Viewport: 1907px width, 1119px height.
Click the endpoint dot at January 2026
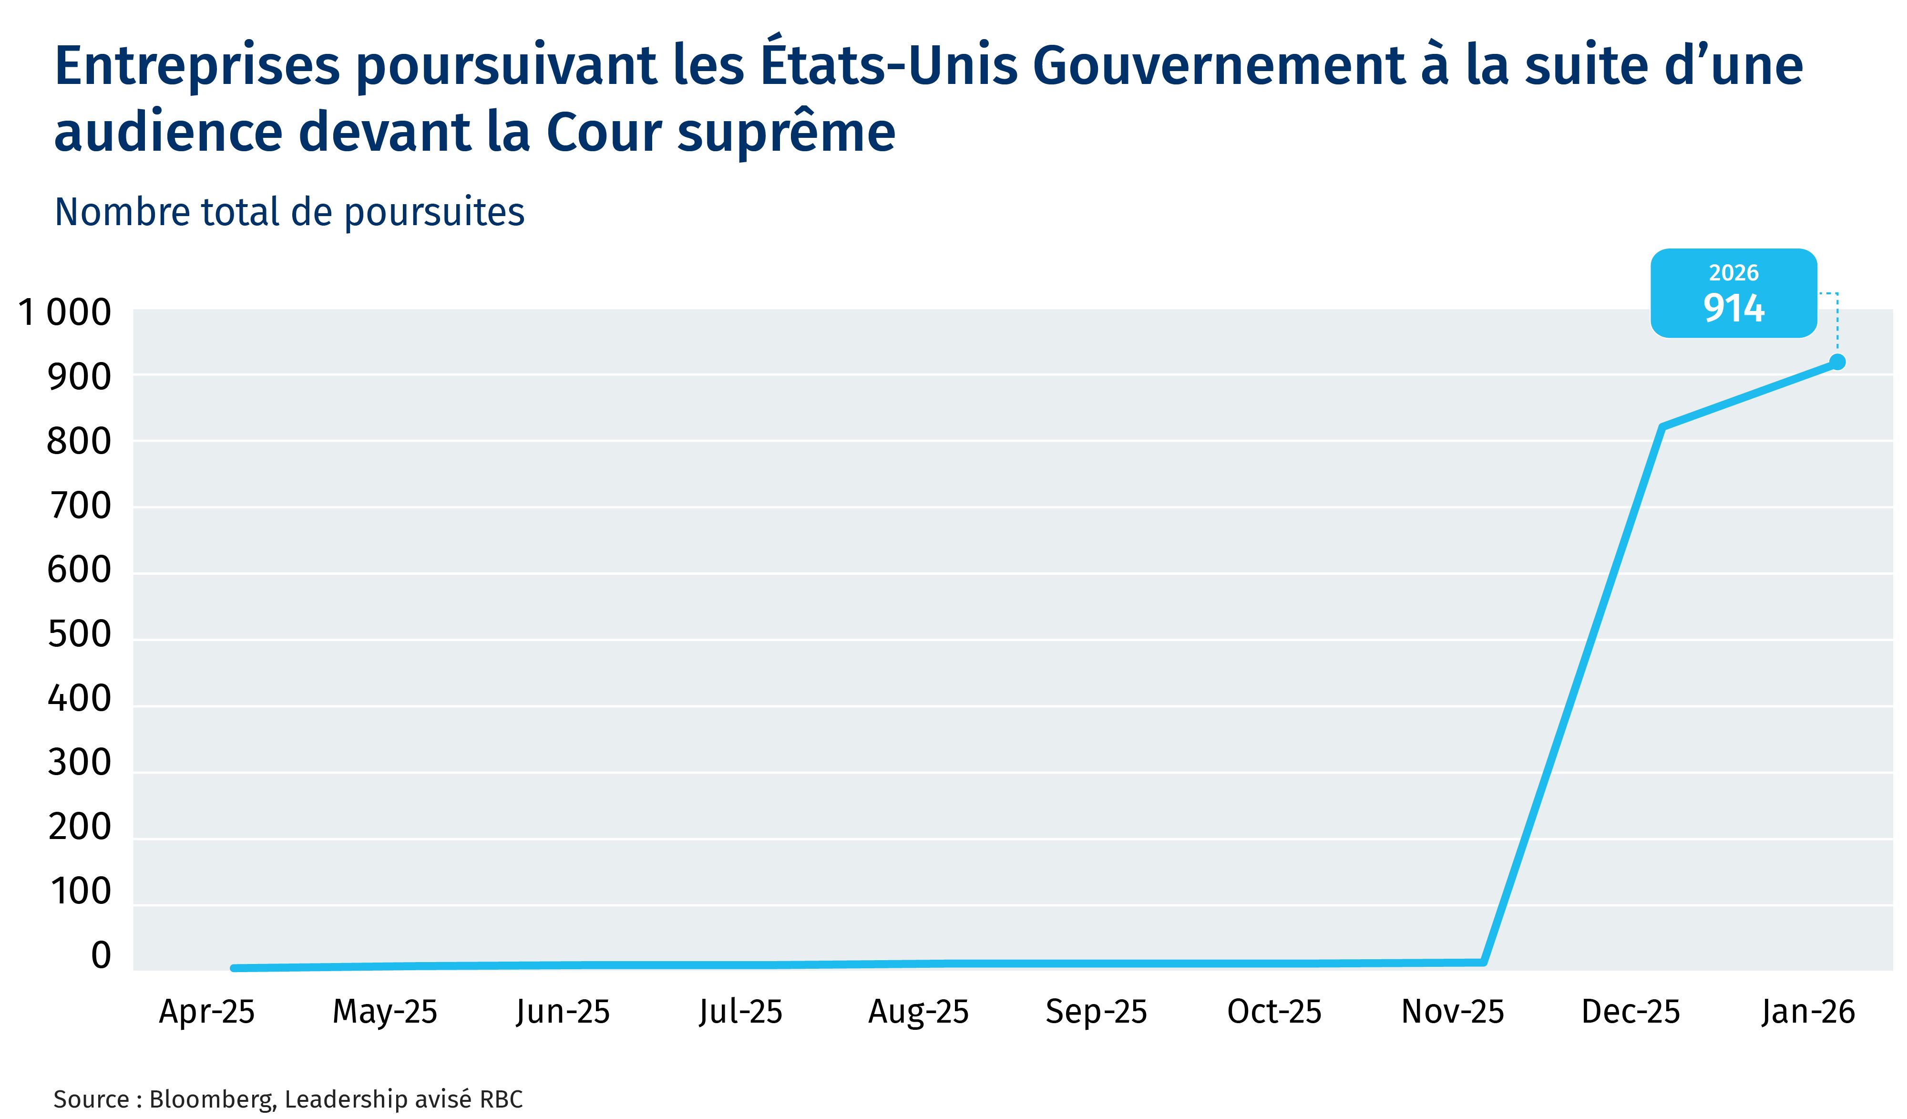[1836, 362]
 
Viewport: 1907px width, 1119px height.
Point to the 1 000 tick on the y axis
[64, 313]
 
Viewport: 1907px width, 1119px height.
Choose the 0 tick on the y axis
[101, 955]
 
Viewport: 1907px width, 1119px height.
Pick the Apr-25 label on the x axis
[206, 1012]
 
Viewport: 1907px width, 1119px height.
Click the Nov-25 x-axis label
[1452, 1012]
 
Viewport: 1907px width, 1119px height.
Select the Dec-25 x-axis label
[1630, 1012]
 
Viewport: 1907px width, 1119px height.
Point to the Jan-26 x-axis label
[1808, 1012]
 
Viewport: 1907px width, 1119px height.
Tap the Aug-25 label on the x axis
[918, 1012]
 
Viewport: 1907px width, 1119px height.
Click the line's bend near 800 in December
[1661, 427]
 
